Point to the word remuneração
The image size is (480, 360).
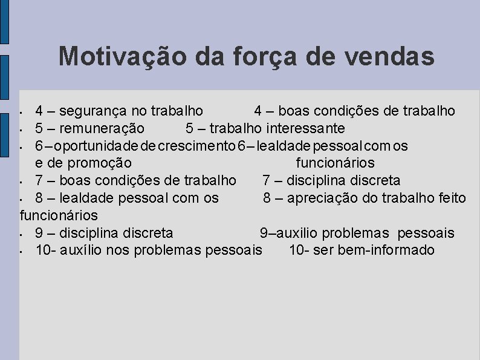(98, 128)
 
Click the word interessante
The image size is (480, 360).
(305, 128)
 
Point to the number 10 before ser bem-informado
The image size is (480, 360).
(296, 250)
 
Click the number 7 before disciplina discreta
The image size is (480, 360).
(266, 180)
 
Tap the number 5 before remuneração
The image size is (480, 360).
(39, 128)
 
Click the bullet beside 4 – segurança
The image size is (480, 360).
(21, 113)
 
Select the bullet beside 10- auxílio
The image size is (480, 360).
(21, 251)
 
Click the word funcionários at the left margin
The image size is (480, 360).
(59, 215)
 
